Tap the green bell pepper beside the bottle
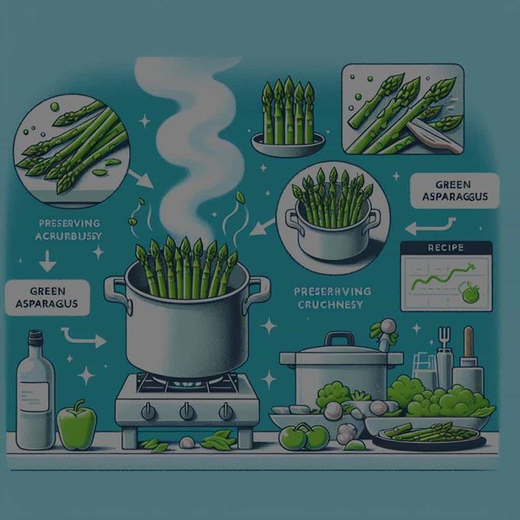pyautogui.click(x=75, y=424)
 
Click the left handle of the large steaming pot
pyautogui.click(x=114, y=288)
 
